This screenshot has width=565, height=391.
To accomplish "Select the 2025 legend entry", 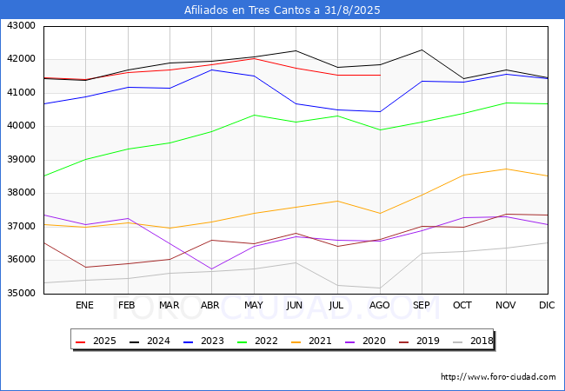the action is (96, 341).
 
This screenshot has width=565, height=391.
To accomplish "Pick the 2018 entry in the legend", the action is (473, 341).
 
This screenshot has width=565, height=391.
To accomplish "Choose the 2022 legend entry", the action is (257, 341).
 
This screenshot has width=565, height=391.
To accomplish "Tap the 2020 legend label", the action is (374, 341).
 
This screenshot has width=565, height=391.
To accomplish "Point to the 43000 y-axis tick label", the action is (21, 26).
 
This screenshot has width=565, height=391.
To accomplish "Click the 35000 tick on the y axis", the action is (21, 294).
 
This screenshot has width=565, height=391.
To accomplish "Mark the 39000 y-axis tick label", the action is (21, 160).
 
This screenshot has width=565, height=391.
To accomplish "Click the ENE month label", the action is (84, 305).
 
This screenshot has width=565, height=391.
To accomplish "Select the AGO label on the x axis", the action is (380, 305).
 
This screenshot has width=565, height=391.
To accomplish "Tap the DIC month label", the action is (547, 305).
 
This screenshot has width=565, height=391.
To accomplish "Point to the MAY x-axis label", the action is (254, 305).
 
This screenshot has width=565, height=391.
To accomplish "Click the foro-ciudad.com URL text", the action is (498, 377).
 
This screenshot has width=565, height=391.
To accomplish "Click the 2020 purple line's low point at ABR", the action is (211, 269).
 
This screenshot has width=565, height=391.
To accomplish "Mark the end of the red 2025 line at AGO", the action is (380, 76).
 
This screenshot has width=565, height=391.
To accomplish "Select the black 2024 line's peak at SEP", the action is (422, 50).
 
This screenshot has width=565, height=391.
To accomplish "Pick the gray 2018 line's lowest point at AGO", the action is (380, 288).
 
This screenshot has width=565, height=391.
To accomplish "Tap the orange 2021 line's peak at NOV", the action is (506, 169).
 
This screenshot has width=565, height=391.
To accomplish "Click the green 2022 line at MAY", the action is (254, 116).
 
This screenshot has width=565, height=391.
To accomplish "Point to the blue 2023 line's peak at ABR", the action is (211, 70).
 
